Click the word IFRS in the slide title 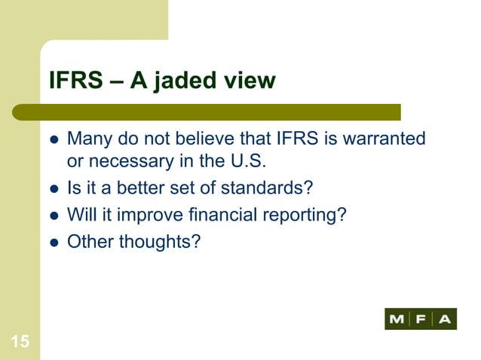click(74, 81)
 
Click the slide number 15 click(20, 343)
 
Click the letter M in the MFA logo click(397, 319)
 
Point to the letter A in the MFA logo click(445, 319)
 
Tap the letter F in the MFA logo click(421, 319)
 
